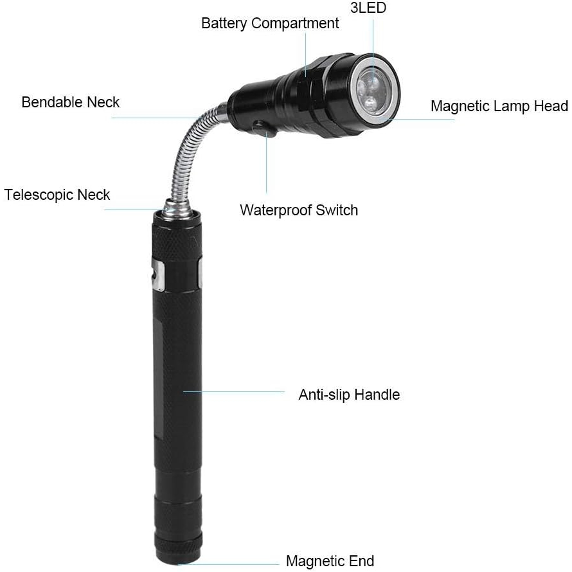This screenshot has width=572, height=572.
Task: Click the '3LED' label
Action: pyautogui.click(x=368, y=9)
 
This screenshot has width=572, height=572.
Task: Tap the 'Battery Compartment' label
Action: pyautogui.click(x=270, y=24)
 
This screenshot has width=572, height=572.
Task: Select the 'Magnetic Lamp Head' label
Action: pyautogui.click(x=499, y=106)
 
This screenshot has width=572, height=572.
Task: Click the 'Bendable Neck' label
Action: pyautogui.click(x=71, y=102)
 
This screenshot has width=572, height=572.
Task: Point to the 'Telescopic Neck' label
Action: pyautogui.click(x=57, y=195)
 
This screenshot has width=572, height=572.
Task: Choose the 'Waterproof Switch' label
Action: pyautogui.click(x=299, y=210)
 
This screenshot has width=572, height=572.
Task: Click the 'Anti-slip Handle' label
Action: pyautogui.click(x=349, y=395)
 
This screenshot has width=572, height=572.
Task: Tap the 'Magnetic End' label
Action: pyautogui.click(x=330, y=561)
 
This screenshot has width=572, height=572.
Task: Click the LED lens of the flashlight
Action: pyautogui.click(x=371, y=89)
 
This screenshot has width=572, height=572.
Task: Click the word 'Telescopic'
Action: pyautogui.click(x=39, y=195)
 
